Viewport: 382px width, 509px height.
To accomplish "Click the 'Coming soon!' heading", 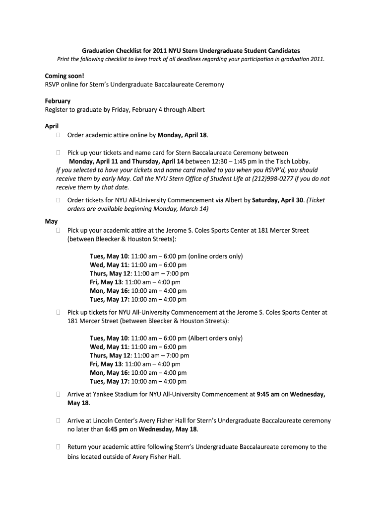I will click(64, 76).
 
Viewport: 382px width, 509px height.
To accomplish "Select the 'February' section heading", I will click(58, 101).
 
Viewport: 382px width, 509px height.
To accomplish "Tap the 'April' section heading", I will click(52, 126).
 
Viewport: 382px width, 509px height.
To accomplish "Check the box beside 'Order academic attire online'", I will click(58, 135).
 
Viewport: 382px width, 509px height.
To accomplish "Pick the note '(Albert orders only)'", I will click(215, 338).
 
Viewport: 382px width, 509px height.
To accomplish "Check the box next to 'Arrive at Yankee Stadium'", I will click(58, 395).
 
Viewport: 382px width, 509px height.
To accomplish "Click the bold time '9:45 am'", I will click(268, 395).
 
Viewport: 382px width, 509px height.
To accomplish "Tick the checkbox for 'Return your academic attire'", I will click(58, 447).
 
